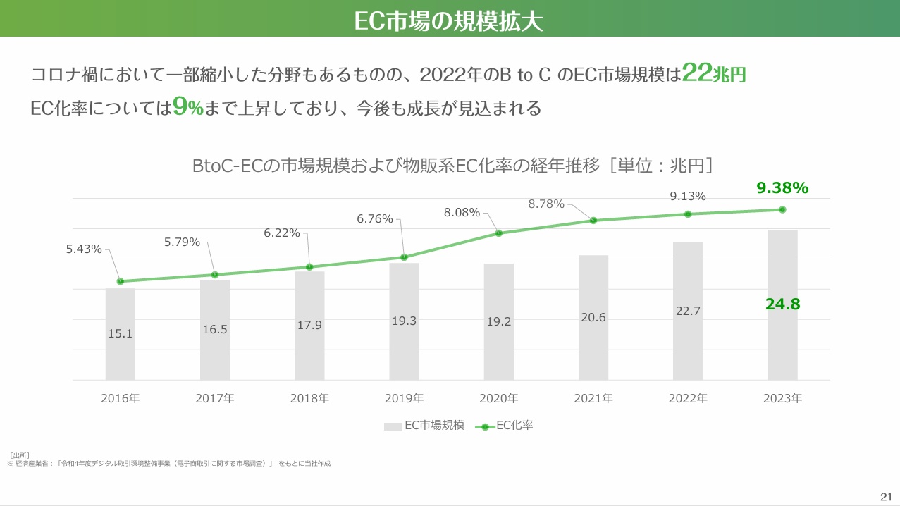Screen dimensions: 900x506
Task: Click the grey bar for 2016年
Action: tap(120, 334)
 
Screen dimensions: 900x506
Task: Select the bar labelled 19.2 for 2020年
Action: tap(498, 321)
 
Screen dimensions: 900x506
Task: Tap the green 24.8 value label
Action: tap(782, 304)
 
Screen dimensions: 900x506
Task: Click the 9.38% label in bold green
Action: tap(782, 187)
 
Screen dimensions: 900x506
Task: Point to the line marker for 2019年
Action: tap(405, 257)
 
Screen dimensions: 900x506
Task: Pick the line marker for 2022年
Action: tap(688, 214)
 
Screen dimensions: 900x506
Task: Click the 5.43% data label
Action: tap(84, 249)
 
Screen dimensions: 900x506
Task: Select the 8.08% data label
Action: tap(462, 212)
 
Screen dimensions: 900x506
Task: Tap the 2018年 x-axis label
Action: tap(309, 398)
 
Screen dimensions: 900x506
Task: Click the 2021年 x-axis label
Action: tap(593, 398)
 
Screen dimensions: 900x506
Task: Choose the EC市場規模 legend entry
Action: tap(424, 425)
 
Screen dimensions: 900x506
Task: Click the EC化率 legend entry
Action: tap(504, 425)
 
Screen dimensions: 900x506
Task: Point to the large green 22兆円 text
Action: tap(713, 73)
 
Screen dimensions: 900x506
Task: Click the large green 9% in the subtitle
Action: tap(188, 107)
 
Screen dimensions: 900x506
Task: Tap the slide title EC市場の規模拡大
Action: tap(448, 21)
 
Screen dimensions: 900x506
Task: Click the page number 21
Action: tap(886, 497)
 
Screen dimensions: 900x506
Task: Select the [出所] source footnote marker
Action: tap(19, 455)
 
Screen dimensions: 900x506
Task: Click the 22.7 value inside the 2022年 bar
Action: tap(688, 311)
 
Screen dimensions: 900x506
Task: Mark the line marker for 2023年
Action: tap(782, 210)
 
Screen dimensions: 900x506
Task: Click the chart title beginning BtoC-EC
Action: tap(452, 166)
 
